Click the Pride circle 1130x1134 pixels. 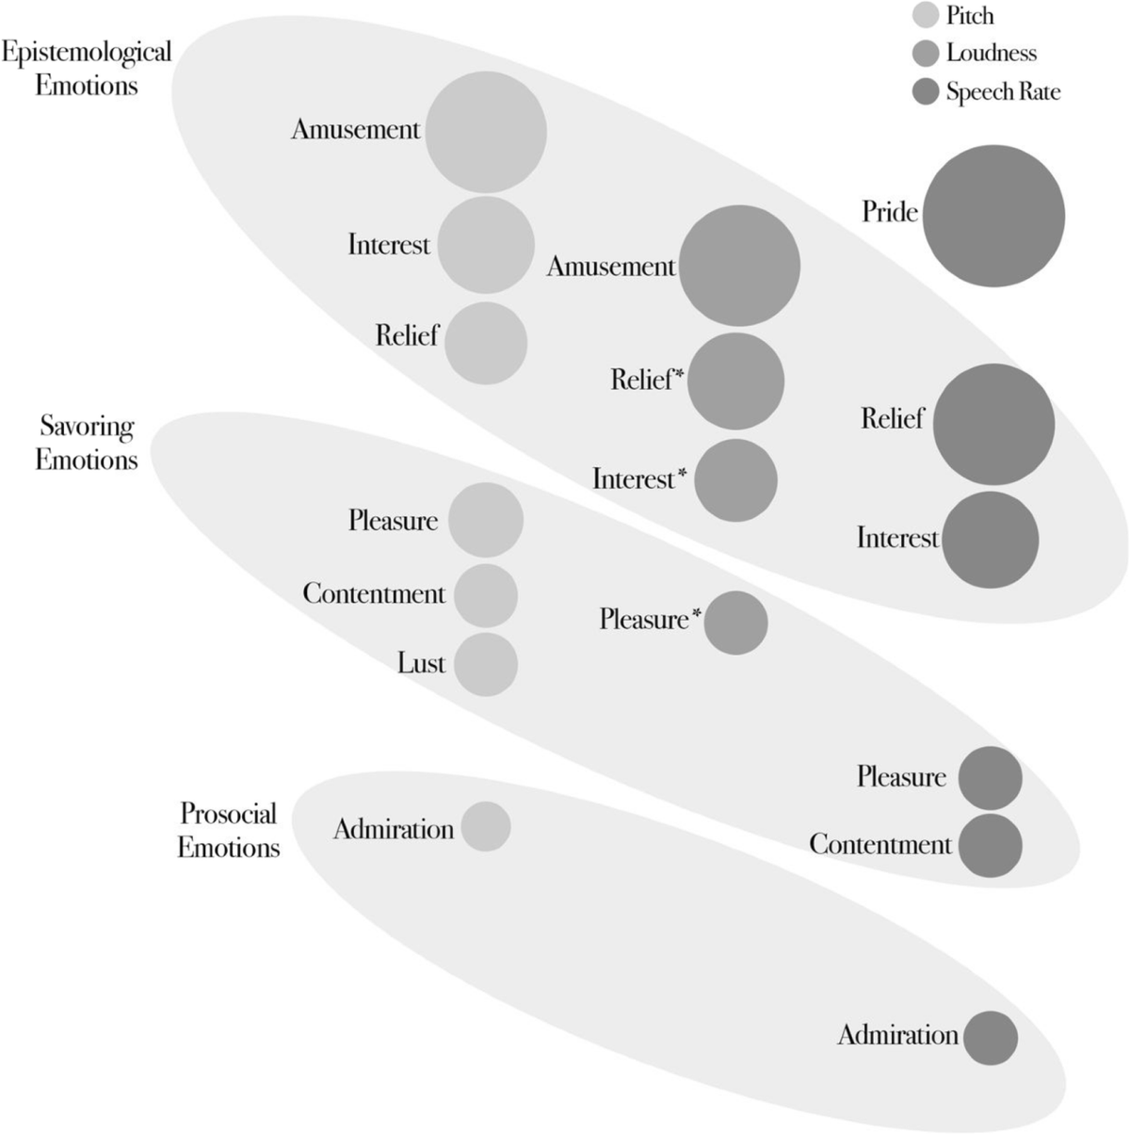coord(993,216)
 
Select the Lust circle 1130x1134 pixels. coord(486,664)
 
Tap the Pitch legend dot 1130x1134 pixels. coord(927,16)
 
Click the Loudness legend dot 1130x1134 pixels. coord(927,54)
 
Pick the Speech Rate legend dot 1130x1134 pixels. coord(927,91)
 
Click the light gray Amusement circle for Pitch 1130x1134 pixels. coord(486,132)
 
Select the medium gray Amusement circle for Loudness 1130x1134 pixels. coord(739,266)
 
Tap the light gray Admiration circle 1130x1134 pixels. coord(486,826)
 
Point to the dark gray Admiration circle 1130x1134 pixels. coord(991,1038)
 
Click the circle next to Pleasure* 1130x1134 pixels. coord(735,623)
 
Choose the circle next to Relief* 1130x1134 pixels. coord(735,381)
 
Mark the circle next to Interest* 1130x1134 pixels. coord(735,480)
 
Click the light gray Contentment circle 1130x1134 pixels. coord(486,595)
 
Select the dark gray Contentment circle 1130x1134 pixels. coord(991,845)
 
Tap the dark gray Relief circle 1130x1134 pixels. coord(993,425)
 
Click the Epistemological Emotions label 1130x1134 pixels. coord(87,68)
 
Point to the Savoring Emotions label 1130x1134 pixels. coord(87,443)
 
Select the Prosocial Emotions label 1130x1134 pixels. coord(229,830)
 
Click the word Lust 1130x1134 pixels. coord(421,663)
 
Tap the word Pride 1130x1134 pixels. coord(889,212)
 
